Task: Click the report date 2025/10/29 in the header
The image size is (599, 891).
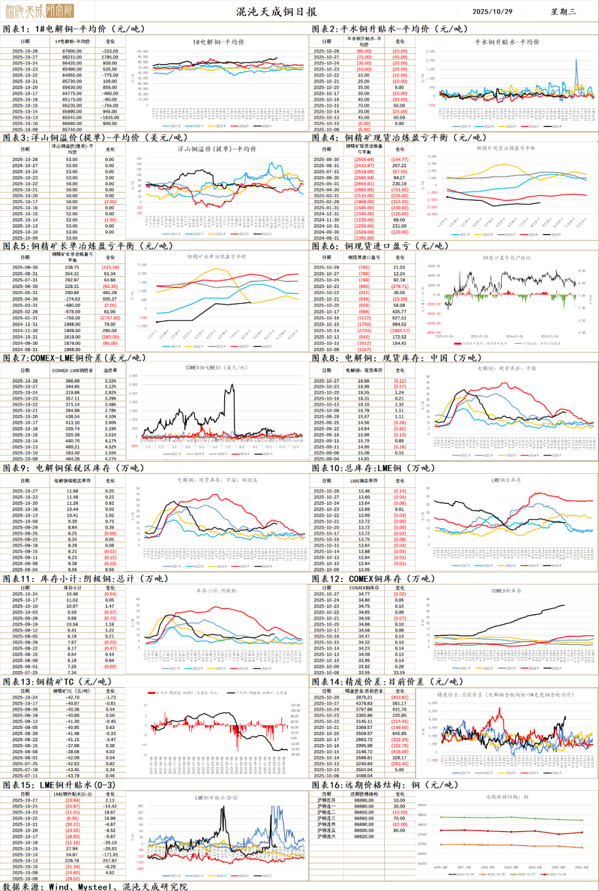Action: (492, 11)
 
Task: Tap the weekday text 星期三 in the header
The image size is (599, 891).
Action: (563, 11)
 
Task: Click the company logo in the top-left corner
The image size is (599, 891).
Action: (39, 11)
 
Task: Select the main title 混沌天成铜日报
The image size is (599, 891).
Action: (276, 12)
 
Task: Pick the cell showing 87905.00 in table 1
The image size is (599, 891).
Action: (72, 51)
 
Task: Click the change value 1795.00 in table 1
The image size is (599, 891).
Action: (110, 57)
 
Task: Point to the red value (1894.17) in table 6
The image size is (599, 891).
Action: (399, 331)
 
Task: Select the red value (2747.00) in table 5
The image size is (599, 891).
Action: (110, 318)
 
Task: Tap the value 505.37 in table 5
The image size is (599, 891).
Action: (110, 299)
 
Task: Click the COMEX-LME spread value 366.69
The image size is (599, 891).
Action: (72, 381)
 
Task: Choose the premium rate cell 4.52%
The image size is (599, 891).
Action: (110, 447)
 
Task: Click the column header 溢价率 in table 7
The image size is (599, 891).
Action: (110, 370)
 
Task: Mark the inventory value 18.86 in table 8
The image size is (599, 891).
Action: (363, 381)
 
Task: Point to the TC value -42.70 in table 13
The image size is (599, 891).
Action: (72, 697)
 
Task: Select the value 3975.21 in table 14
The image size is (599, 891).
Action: (364, 697)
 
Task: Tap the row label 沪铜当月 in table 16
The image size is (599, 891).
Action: (326, 800)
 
